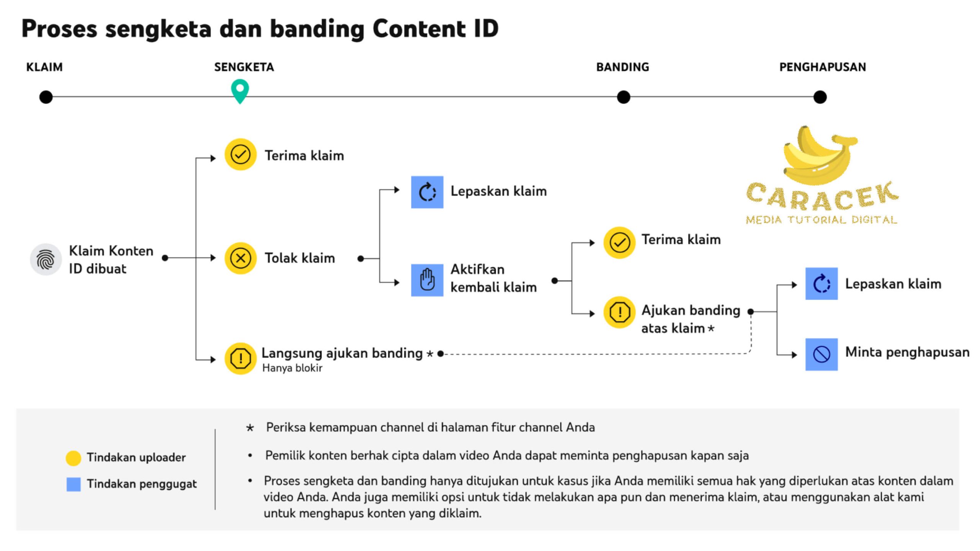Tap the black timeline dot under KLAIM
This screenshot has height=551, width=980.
(x=46, y=97)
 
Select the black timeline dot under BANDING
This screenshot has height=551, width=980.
(x=623, y=97)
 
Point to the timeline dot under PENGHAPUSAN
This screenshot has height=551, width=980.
(x=820, y=97)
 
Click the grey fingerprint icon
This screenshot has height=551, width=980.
(x=46, y=259)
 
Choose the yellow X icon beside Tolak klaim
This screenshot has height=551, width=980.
(x=240, y=258)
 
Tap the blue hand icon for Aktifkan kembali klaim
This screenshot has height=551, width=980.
(x=427, y=280)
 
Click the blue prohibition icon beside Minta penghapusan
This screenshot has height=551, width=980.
(x=822, y=354)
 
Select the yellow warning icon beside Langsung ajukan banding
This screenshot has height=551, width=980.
(x=240, y=359)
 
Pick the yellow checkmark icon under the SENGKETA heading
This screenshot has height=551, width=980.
(x=240, y=155)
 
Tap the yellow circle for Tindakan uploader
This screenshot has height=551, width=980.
(x=73, y=458)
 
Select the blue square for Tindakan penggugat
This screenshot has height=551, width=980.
(x=73, y=484)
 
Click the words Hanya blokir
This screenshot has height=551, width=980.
(x=292, y=368)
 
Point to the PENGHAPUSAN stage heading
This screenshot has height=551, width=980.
(x=822, y=67)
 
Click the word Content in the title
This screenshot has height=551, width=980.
(x=419, y=29)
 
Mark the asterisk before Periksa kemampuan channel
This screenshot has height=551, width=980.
(x=250, y=428)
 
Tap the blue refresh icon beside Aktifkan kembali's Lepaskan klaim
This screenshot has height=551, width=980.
(x=427, y=192)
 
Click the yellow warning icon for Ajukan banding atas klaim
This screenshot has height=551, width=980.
(x=619, y=312)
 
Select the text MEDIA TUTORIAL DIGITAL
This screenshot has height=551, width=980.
(x=822, y=220)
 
